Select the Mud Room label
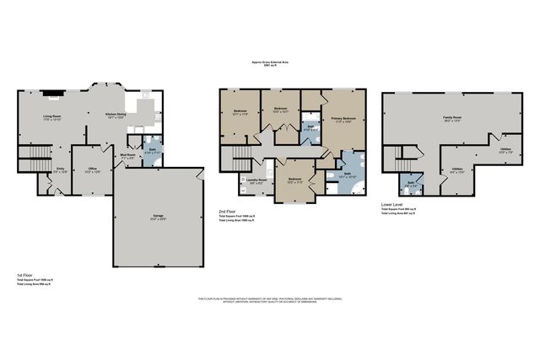[127, 155]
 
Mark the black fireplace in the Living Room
[52, 96]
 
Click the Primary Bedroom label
[343, 120]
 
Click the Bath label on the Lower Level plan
[410, 183]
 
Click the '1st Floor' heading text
[24, 275]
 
